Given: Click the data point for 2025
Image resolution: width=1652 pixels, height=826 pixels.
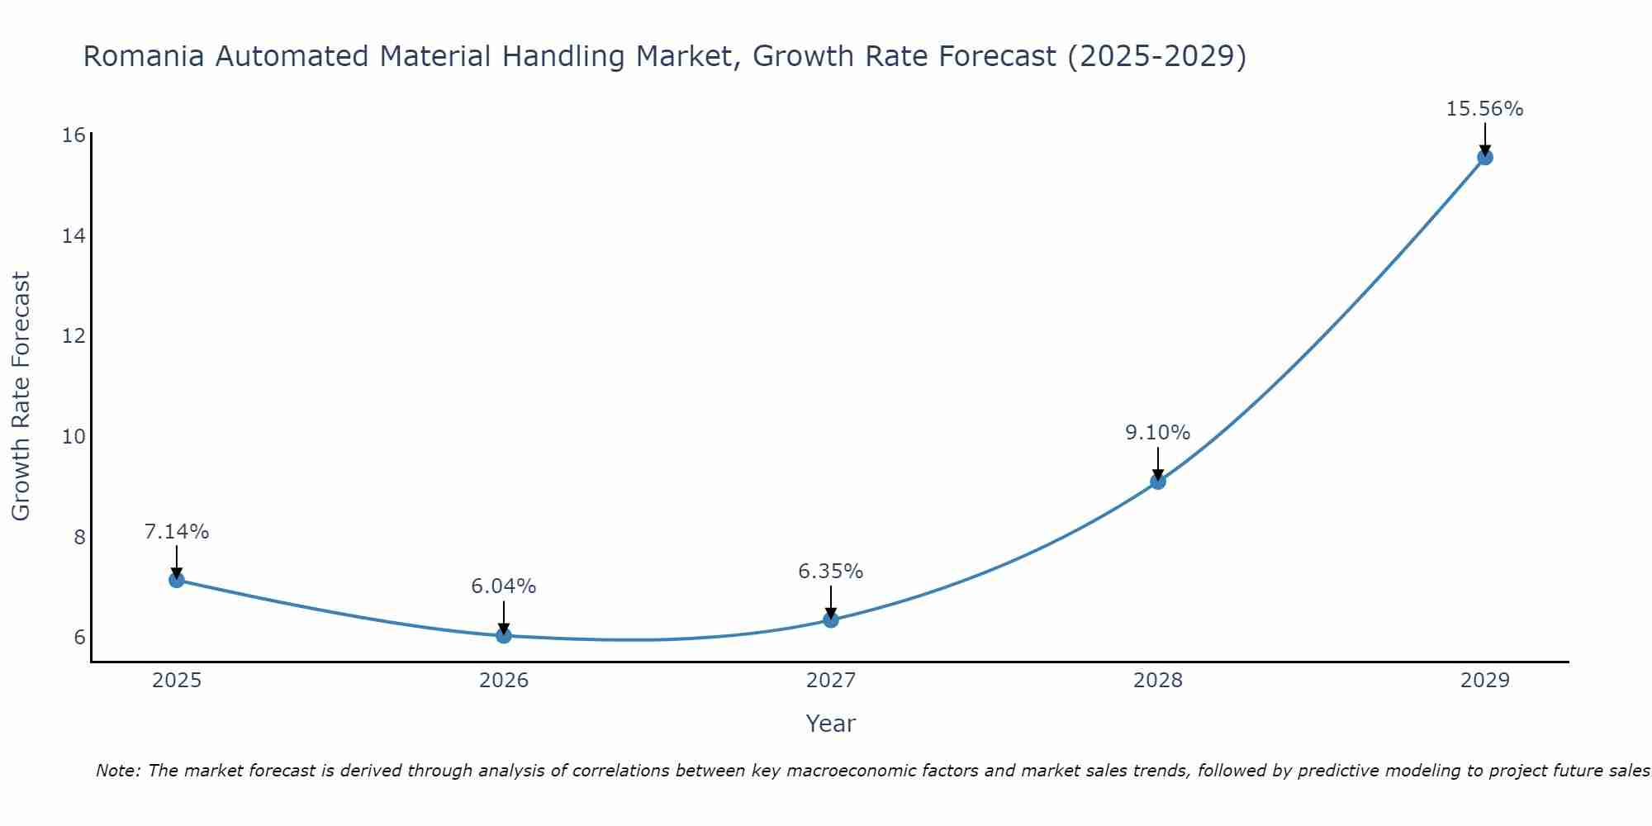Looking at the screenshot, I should (x=177, y=580).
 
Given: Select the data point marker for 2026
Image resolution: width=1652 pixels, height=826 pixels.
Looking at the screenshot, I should (x=504, y=635).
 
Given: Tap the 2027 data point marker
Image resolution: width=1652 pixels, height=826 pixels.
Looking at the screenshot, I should (x=831, y=619).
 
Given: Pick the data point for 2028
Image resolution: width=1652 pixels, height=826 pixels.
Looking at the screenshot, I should (x=1158, y=482).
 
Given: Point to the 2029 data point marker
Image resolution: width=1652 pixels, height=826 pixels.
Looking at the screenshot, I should (x=1484, y=157).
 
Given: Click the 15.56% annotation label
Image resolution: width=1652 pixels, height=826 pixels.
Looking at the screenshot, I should (x=1484, y=109).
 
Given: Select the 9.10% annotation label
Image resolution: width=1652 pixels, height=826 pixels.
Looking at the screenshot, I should (x=1157, y=433).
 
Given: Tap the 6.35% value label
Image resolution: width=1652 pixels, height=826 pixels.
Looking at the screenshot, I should (x=830, y=572).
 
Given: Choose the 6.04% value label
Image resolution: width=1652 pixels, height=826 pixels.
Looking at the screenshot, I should (x=503, y=586).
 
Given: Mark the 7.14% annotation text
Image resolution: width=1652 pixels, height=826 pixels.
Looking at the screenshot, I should (x=177, y=532).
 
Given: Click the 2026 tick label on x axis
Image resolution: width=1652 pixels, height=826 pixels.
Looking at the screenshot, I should (x=504, y=681).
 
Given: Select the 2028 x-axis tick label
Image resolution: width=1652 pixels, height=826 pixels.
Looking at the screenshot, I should (x=1158, y=681).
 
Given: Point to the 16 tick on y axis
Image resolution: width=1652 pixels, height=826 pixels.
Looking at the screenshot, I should (x=74, y=135).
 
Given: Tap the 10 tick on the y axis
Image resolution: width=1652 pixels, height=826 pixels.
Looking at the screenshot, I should (x=74, y=437).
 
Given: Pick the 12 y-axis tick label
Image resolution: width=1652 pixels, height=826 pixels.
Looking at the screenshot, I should (x=74, y=336).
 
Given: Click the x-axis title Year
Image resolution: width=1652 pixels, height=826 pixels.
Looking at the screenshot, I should (x=830, y=724).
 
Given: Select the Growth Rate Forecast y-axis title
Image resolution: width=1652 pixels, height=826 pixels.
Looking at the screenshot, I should (x=21, y=396).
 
